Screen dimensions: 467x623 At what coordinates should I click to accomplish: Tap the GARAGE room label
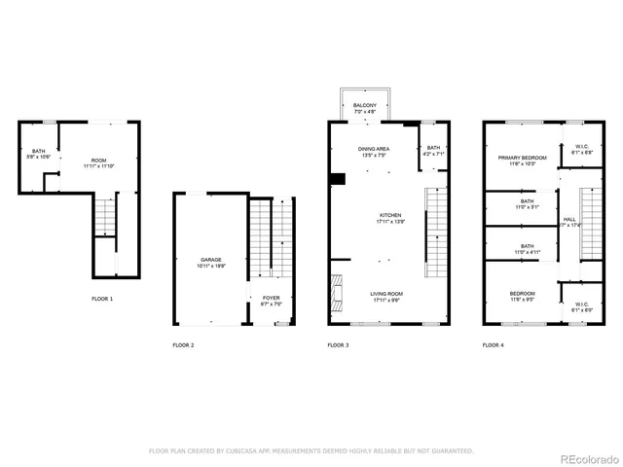211,260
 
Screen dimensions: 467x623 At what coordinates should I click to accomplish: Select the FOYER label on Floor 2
271,300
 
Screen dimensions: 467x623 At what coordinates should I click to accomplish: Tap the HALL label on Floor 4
569,220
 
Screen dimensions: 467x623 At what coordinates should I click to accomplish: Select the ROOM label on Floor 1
99,161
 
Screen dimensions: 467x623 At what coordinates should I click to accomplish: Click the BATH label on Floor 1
38,151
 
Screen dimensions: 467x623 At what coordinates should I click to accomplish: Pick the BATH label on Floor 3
433,149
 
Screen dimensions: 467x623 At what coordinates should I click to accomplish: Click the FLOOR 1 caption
102,298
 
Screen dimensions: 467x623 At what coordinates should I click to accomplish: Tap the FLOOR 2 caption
183,345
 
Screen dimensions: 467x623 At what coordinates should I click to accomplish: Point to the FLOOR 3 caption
338,345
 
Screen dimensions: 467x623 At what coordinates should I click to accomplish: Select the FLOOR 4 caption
494,345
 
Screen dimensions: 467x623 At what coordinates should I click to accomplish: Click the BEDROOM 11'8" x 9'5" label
522,295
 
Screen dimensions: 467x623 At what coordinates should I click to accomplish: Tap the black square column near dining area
337,178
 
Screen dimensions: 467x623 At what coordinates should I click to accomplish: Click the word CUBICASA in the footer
238,451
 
